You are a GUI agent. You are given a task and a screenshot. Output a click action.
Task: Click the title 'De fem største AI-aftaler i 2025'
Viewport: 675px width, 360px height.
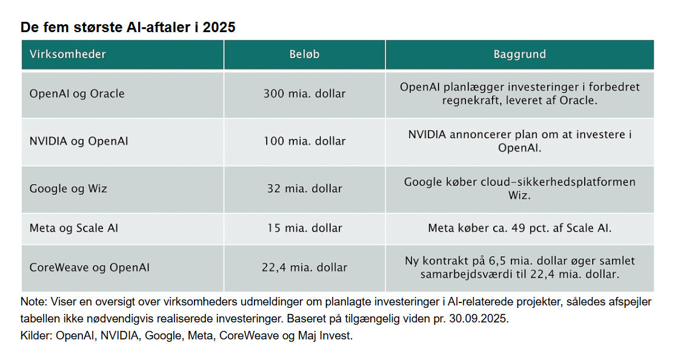128,27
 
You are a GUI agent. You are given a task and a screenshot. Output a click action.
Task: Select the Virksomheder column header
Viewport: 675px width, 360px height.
68,55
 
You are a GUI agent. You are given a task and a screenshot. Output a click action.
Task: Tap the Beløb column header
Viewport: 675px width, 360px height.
304,55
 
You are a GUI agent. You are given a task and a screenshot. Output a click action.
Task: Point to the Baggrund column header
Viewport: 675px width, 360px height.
519,55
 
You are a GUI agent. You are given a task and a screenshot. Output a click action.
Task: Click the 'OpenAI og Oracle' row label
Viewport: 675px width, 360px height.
77,94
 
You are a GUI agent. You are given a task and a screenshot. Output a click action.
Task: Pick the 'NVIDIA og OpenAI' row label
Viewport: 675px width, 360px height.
79,141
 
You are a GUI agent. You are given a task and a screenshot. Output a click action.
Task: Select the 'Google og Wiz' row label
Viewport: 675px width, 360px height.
68,188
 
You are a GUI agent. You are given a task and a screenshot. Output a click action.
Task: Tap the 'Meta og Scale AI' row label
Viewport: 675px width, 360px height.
74,228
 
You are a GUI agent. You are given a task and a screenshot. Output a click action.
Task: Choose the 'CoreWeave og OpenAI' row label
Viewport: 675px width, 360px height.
90,267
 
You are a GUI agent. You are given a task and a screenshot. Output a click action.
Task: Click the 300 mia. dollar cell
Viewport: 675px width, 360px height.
304,94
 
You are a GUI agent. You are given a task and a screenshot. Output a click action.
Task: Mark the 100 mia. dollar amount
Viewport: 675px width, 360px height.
304,141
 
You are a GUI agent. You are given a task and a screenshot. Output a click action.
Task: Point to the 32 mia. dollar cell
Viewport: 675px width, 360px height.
304,188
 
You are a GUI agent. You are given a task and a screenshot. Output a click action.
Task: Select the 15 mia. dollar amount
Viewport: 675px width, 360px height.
304,228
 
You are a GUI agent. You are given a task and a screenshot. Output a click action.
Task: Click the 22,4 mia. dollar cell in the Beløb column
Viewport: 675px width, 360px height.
304,267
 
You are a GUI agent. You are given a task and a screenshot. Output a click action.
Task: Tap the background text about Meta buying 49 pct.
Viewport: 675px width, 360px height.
519,228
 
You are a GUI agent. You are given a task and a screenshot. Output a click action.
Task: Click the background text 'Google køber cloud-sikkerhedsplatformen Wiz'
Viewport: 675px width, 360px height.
519,188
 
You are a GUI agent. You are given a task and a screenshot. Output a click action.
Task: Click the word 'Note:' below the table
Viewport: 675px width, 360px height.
33,302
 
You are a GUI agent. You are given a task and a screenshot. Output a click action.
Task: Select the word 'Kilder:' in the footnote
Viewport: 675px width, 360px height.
36,335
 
